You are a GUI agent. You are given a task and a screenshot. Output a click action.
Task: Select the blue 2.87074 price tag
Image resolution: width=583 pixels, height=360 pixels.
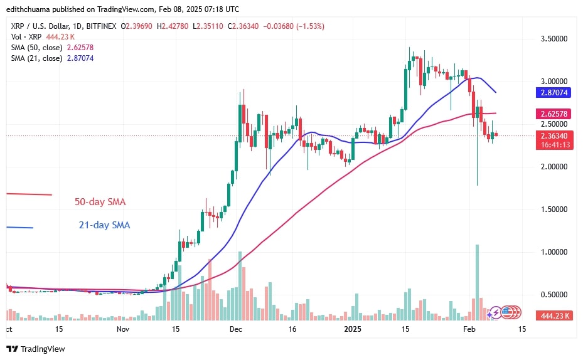click(x=553, y=92)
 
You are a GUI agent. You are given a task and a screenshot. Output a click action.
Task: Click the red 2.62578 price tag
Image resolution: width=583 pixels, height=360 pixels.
click(x=553, y=114)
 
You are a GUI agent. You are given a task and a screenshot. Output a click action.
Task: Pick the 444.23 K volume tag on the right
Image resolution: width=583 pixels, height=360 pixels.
click(x=553, y=316)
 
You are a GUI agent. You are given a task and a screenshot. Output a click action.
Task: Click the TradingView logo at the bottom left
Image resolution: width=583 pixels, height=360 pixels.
click(x=36, y=349)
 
